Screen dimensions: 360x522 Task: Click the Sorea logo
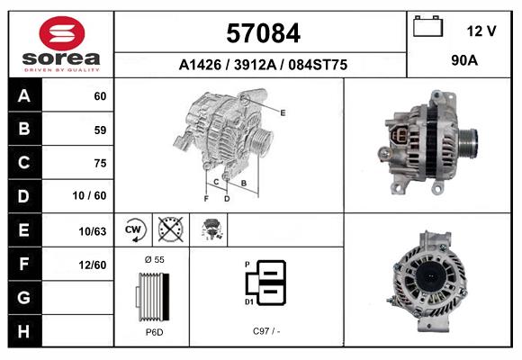click(x=61, y=43)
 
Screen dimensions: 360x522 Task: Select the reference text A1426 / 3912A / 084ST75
click(x=263, y=66)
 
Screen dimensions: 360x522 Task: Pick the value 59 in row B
click(x=100, y=130)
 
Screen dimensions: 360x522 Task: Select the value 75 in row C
click(x=100, y=164)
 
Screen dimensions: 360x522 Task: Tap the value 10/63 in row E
click(x=94, y=231)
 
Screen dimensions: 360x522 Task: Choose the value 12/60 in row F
click(x=94, y=265)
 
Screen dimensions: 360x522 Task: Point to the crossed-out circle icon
click(x=170, y=230)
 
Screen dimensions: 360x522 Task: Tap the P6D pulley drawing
click(x=153, y=295)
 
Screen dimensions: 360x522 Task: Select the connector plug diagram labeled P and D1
click(x=268, y=283)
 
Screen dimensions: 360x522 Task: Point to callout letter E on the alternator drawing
click(x=283, y=112)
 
